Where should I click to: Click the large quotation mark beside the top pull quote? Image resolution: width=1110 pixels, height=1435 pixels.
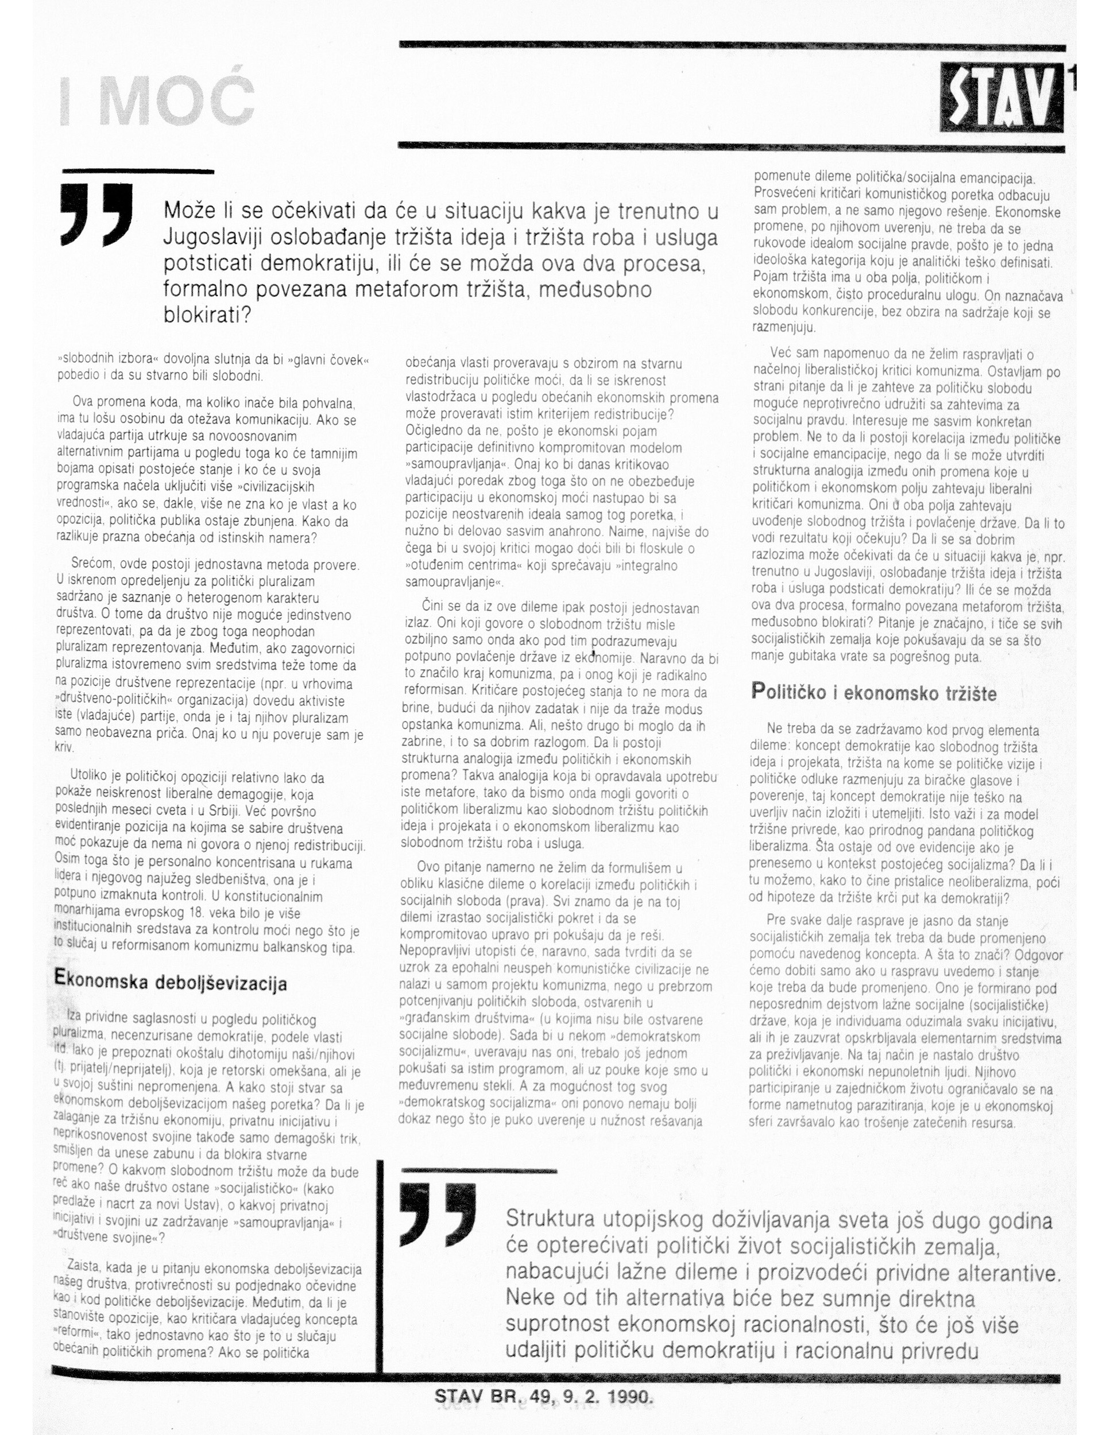tap(96, 214)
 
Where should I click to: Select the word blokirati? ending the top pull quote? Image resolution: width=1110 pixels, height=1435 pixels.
tap(208, 315)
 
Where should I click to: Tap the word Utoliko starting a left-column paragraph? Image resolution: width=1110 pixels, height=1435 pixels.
tap(92, 777)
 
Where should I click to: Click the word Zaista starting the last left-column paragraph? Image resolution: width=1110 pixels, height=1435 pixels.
tap(86, 1267)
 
